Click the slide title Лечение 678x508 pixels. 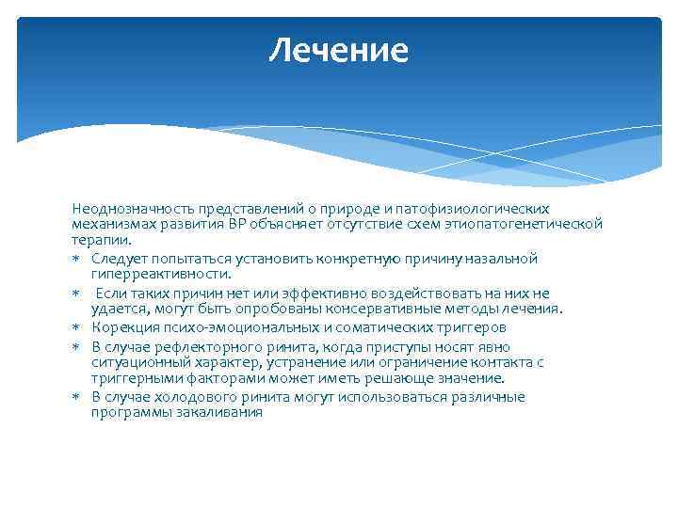click(x=338, y=50)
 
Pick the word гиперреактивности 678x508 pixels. click(x=161, y=274)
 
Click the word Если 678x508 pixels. click(x=110, y=294)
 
